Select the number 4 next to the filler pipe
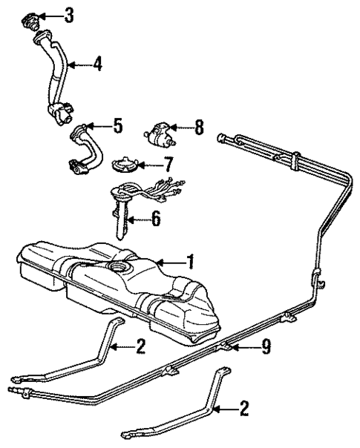(x=97, y=64)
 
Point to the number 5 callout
(x=117, y=127)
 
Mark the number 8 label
(x=198, y=127)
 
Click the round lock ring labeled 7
(x=126, y=162)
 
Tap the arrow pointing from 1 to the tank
(x=169, y=261)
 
